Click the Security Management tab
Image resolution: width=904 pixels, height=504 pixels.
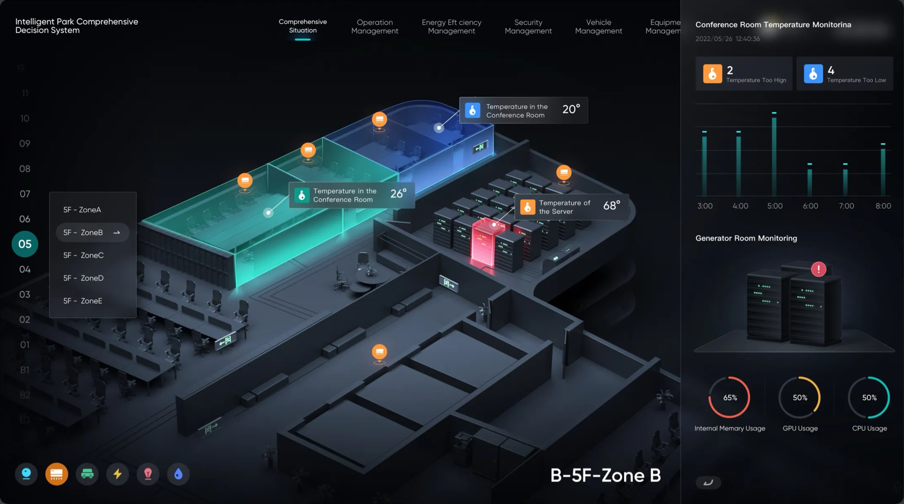coord(528,27)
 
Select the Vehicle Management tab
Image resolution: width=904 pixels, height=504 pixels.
coord(598,27)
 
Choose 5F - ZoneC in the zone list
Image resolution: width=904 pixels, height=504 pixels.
coord(83,255)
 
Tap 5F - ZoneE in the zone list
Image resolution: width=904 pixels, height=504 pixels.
coord(83,301)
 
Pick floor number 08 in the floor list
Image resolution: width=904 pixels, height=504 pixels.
coord(25,168)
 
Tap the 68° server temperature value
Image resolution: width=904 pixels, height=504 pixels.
coord(611,206)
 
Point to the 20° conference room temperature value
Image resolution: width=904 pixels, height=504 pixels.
coord(571,109)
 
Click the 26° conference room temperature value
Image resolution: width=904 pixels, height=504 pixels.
coord(398,193)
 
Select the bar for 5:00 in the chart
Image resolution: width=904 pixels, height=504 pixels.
coord(774,156)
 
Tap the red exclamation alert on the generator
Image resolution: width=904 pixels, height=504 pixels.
coord(818,269)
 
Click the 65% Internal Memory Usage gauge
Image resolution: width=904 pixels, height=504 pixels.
coord(730,397)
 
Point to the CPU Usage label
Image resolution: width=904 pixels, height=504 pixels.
coord(869,428)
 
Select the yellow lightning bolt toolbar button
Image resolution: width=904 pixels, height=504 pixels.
coord(118,474)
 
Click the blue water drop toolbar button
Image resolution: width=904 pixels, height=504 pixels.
coord(178,474)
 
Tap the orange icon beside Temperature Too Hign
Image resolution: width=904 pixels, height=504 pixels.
coord(712,74)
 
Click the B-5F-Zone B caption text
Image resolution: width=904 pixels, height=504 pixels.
coord(605,476)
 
